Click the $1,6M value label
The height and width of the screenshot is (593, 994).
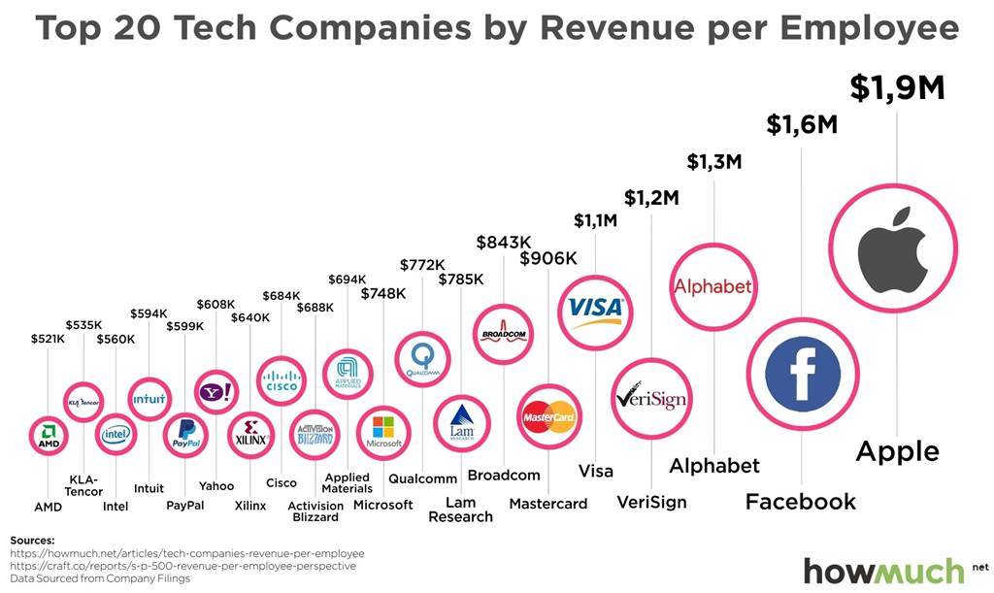tap(802, 124)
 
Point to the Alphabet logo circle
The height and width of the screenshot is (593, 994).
tap(713, 286)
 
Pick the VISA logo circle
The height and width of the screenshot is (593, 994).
tap(595, 310)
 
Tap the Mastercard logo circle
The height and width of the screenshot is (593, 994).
tap(549, 417)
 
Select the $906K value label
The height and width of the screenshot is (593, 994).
tap(548, 258)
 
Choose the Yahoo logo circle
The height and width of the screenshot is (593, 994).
tap(215, 392)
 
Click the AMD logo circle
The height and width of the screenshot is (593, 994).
tap(49, 438)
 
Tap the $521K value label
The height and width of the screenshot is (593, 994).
tap(48, 338)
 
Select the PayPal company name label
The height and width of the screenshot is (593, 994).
tap(184, 505)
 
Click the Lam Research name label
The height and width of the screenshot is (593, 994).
tap(460, 510)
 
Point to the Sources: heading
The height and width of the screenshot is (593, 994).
tap(32, 540)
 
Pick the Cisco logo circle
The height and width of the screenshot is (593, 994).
tap(282, 379)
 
